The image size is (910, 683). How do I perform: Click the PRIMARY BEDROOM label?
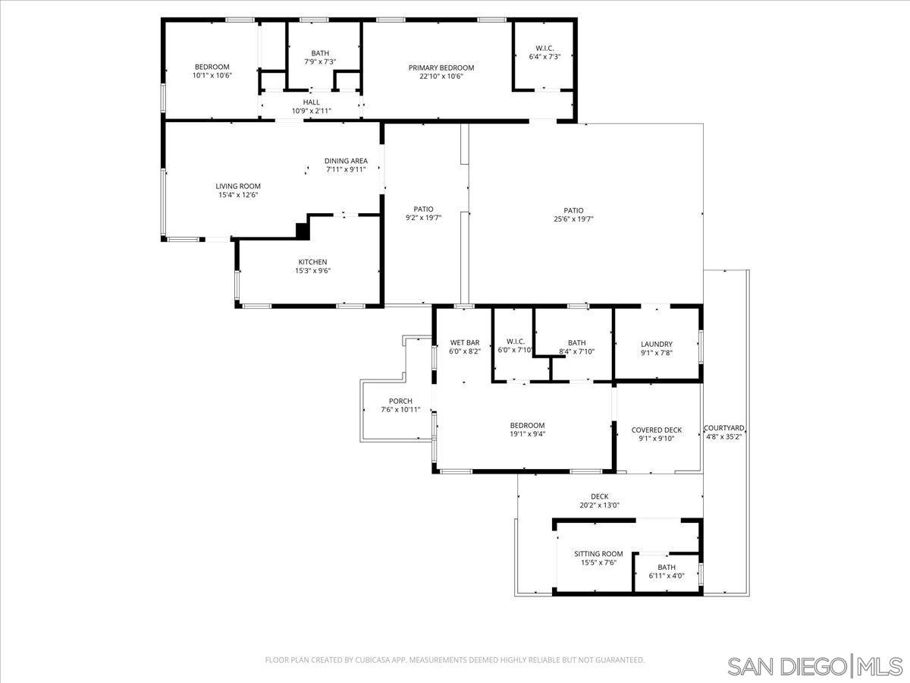coord(441,68)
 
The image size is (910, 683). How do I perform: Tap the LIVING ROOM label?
coord(237,186)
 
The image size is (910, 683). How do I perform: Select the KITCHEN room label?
coord(312,262)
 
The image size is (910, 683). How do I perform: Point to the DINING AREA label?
coord(346,161)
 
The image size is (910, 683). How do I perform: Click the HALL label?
coord(311,102)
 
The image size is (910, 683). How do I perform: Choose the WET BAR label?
coord(464,342)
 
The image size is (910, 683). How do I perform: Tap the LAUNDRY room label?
coord(656,345)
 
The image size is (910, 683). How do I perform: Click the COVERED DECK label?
coord(656,430)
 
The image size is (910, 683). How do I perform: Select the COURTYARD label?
coord(723,428)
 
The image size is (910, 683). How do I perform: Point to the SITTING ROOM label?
coord(598,554)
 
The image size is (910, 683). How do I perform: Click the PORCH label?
coord(400,401)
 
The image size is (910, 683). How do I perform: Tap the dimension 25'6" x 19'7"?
coord(573,219)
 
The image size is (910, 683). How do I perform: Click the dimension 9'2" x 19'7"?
coord(423,218)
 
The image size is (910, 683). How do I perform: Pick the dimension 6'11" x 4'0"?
coord(666,576)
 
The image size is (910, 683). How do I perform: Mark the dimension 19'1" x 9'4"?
coord(527,435)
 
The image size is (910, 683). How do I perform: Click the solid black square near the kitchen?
coord(303,228)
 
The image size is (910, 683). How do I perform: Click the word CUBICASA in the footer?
coord(374,660)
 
